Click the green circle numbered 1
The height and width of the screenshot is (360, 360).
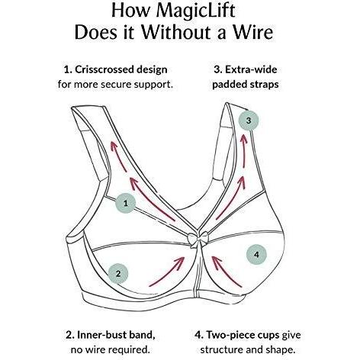tap(125, 203)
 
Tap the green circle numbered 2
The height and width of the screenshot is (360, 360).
tap(118, 274)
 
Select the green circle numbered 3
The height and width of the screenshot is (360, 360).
tap(249, 121)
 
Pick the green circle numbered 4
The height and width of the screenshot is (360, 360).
tap(256, 254)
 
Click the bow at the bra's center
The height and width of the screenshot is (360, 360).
tap(198, 239)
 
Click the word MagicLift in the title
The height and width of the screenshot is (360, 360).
tap(195, 11)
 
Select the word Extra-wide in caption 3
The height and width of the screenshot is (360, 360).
tap(251, 69)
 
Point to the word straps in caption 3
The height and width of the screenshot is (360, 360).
tap(264, 85)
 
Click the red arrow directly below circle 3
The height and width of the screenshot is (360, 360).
tap(243, 149)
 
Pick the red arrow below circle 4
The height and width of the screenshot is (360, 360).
tap(227, 272)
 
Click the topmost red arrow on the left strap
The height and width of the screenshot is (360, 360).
tap(118, 156)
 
